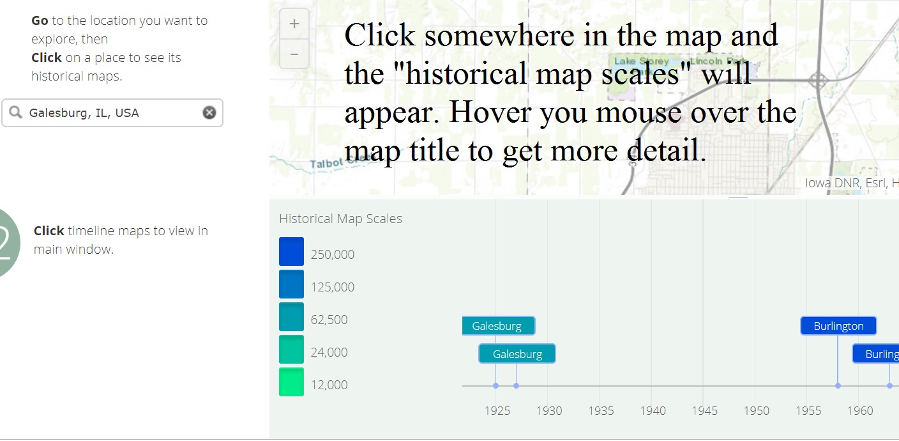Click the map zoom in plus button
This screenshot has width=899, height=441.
tap(294, 24)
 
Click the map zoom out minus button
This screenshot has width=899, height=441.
tap(294, 54)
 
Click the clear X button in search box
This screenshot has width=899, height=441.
tap(209, 113)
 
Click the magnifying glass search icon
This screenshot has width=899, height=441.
tap(15, 112)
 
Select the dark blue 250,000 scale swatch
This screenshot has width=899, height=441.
tap(291, 251)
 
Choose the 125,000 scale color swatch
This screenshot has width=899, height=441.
tap(291, 284)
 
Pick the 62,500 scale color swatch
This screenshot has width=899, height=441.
tap(291, 317)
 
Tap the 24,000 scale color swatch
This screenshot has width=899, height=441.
tap(291, 350)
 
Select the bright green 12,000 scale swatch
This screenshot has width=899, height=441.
tap(291, 382)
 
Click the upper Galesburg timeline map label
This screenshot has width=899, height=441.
tap(497, 326)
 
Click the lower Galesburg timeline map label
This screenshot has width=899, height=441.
tap(517, 354)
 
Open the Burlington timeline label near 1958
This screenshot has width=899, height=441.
tap(838, 326)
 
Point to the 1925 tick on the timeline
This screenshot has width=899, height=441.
tap(497, 410)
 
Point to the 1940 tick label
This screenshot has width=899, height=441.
tap(653, 410)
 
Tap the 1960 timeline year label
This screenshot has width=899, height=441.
tap(859, 410)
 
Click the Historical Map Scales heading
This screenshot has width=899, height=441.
tap(340, 219)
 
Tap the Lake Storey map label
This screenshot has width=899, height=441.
tap(641, 61)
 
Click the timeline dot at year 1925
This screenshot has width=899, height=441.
tap(495, 385)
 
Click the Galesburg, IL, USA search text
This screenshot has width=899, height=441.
tap(84, 113)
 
